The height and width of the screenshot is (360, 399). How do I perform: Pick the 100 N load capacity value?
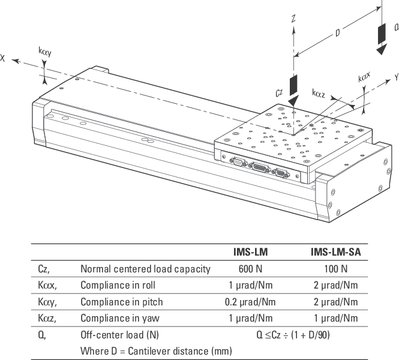click(x=335, y=269)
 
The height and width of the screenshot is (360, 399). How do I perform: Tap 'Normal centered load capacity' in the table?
click(x=145, y=269)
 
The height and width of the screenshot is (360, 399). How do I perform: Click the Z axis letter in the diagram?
click(x=293, y=19)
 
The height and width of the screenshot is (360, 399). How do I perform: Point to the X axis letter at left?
click(x=4, y=58)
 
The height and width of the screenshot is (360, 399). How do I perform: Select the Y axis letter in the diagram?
click(x=397, y=77)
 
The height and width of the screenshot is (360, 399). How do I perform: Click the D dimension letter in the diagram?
click(x=338, y=34)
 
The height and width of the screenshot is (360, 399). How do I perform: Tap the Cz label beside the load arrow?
click(x=279, y=92)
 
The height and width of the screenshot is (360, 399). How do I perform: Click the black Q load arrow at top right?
click(x=380, y=38)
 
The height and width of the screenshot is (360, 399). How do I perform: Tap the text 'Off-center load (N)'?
click(x=119, y=335)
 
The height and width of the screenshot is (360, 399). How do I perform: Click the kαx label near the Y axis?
click(x=364, y=79)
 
